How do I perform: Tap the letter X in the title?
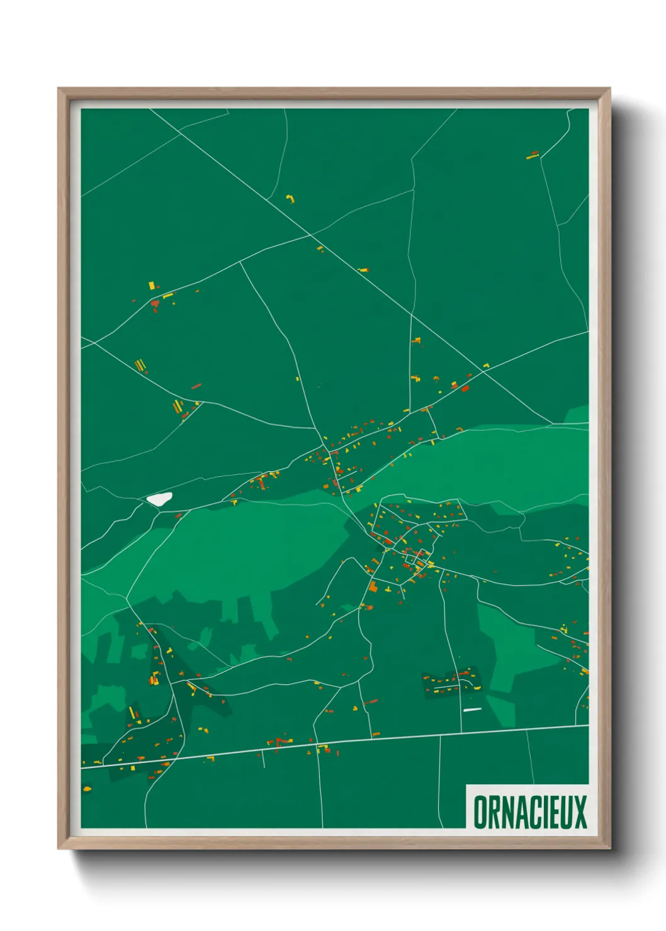click(x=579, y=812)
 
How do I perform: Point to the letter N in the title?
click(x=504, y=812)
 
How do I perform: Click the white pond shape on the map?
click(x=159, y=499)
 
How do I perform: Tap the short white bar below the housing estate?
click(x=471, y=710)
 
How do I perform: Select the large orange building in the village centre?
click(x=373, y=587)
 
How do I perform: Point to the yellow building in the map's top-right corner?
click(x=533, y=155)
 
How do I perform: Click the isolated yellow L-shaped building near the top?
click(x=290, y=199)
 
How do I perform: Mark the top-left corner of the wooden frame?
click(x=59, y=89)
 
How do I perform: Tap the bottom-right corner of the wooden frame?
click(x=609, y=848)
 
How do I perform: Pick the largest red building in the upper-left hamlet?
click(x=155, y=304)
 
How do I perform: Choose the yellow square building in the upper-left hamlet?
click(x=151, y=286)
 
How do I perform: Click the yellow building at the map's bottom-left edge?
click(x=87, y=788)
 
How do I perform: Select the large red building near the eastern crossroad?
click(x=465, y=388)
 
